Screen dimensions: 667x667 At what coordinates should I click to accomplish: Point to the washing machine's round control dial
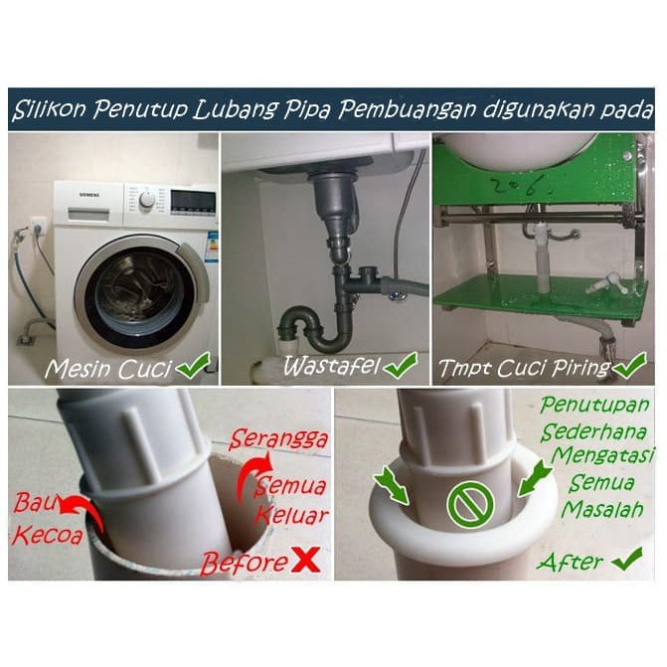[148, 201]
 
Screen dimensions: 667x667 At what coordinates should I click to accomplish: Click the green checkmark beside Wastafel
[401, 366]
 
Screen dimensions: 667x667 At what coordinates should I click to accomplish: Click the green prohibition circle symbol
[466, 504]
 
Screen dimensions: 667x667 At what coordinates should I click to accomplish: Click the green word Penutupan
[593, 408]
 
